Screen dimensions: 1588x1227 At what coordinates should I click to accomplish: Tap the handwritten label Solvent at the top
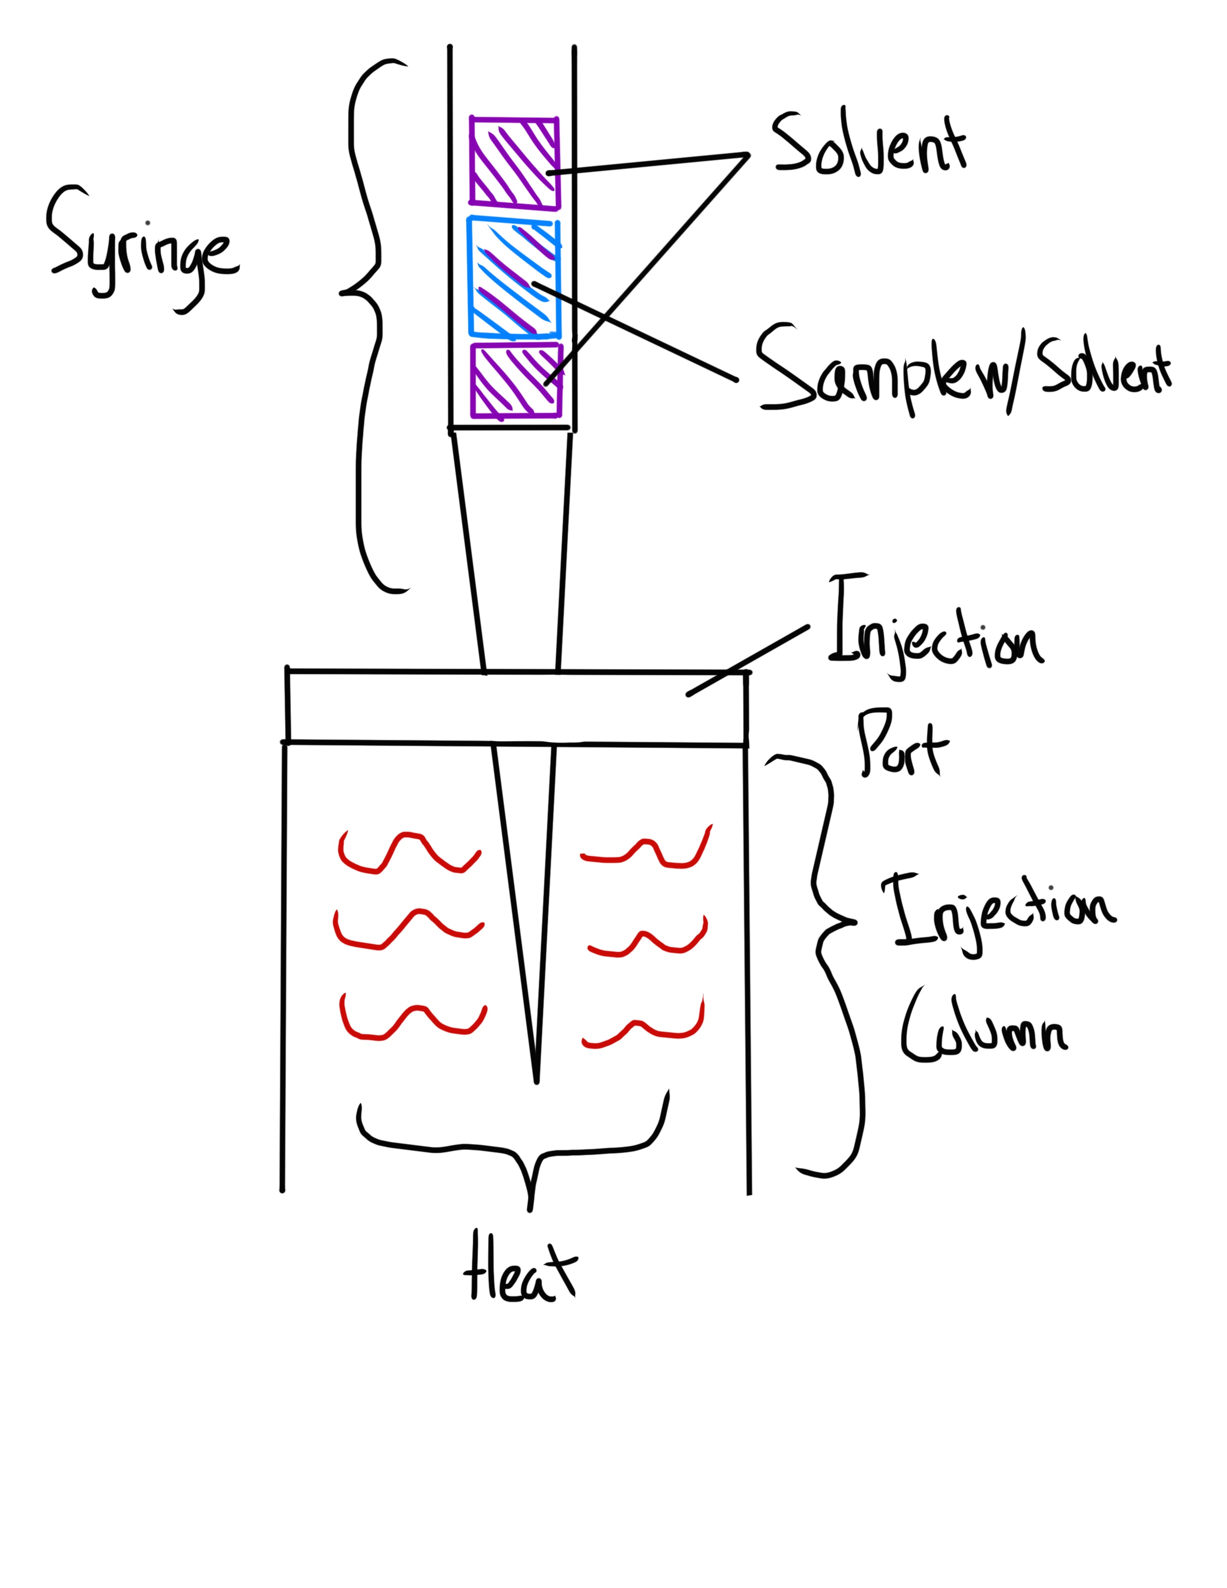869,145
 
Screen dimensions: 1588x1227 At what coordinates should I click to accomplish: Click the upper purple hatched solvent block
514,162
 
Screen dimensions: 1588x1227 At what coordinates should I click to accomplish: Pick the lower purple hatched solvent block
517,380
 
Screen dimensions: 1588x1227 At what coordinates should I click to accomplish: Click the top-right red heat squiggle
647,851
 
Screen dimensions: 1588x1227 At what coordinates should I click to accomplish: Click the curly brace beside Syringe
367,320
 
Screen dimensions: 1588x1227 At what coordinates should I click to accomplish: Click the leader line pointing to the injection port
749,660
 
